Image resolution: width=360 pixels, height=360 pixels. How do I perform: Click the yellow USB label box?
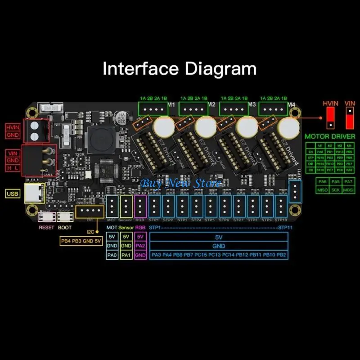click(12, 193)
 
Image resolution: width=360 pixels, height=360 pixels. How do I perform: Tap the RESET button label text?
click(46, 227)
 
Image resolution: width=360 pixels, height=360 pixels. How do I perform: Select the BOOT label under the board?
click(64, 227)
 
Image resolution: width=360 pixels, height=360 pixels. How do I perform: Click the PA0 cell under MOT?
click(112, 255)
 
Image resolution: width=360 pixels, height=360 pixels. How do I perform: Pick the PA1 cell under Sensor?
click(126, 255)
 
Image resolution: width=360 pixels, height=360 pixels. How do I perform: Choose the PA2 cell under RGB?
click(141, 246)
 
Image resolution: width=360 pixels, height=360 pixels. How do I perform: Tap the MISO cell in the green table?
click(323, 189)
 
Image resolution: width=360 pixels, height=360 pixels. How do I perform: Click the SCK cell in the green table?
click(335, 189)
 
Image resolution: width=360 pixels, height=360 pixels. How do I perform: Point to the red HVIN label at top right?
click(331, 103)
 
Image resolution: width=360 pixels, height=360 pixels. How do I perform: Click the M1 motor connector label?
click(171, 105)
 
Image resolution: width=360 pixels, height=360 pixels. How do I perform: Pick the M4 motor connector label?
click(292, 105)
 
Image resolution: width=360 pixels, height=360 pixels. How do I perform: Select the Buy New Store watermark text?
click(181, 183)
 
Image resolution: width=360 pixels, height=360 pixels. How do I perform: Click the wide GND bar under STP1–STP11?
click(219, 246)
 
